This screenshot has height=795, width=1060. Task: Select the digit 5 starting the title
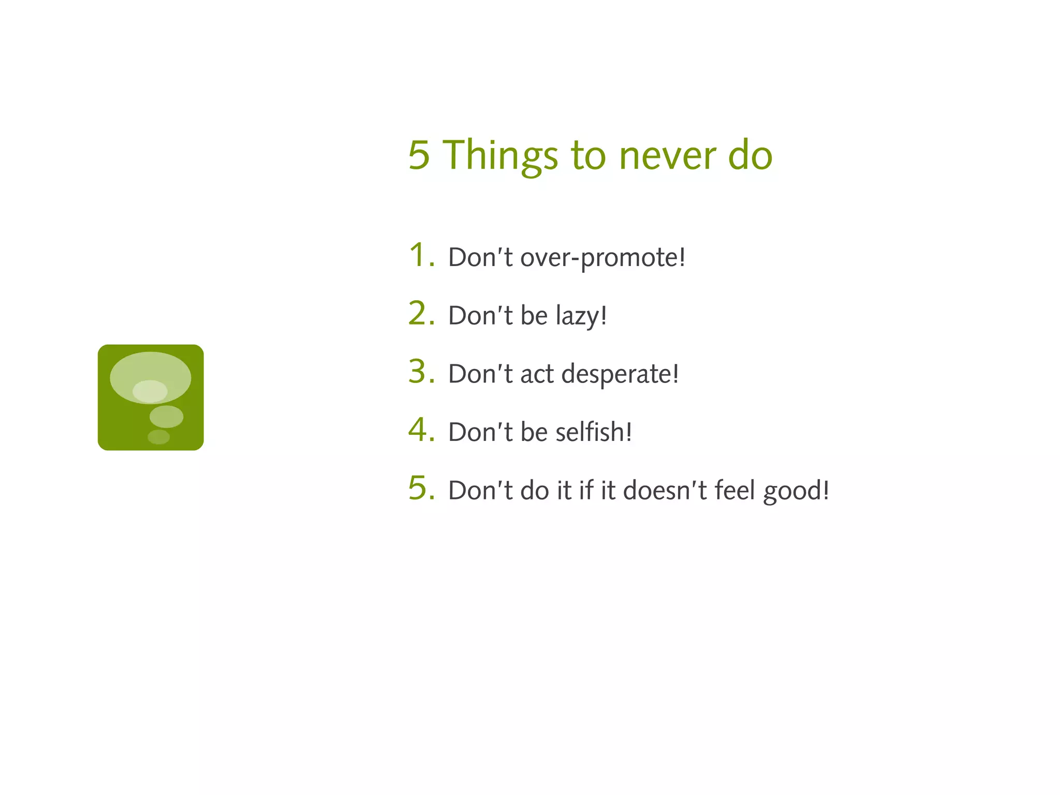pyautogui.click(x=419, y=155)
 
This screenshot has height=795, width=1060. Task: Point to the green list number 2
pyautogui.click(x=418, y=314)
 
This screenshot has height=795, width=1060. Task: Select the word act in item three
pyautogui.click(x=537, y=374)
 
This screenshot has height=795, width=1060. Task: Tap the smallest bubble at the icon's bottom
pyautogui.click(x=158, y=437)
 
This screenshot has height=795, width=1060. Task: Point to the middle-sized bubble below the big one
pyautogui.click(x=166, y=417)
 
